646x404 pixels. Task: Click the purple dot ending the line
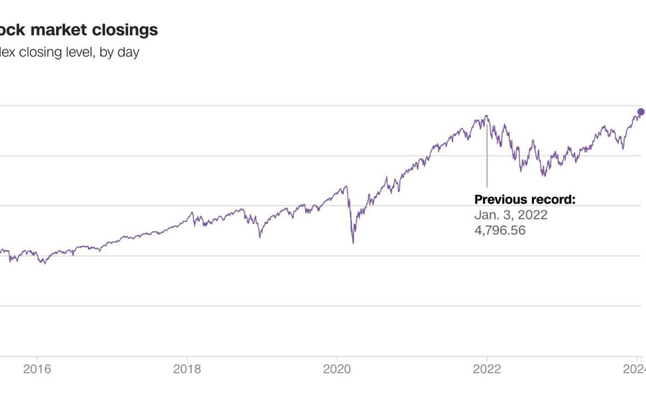tap(641, 112)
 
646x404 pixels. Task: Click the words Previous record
tap(524, 199)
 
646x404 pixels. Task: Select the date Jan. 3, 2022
tap(510, 215)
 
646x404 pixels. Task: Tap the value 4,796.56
tap(499, 230)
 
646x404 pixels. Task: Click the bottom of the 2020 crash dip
tap(353, 243)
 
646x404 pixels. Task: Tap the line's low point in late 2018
tap(260, 238)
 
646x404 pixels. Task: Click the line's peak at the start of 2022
tap(486, 116)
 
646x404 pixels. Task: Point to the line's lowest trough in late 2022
tap(544, 176)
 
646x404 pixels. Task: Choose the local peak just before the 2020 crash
tap(346, 186)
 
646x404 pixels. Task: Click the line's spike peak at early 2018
tap(192, 212)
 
